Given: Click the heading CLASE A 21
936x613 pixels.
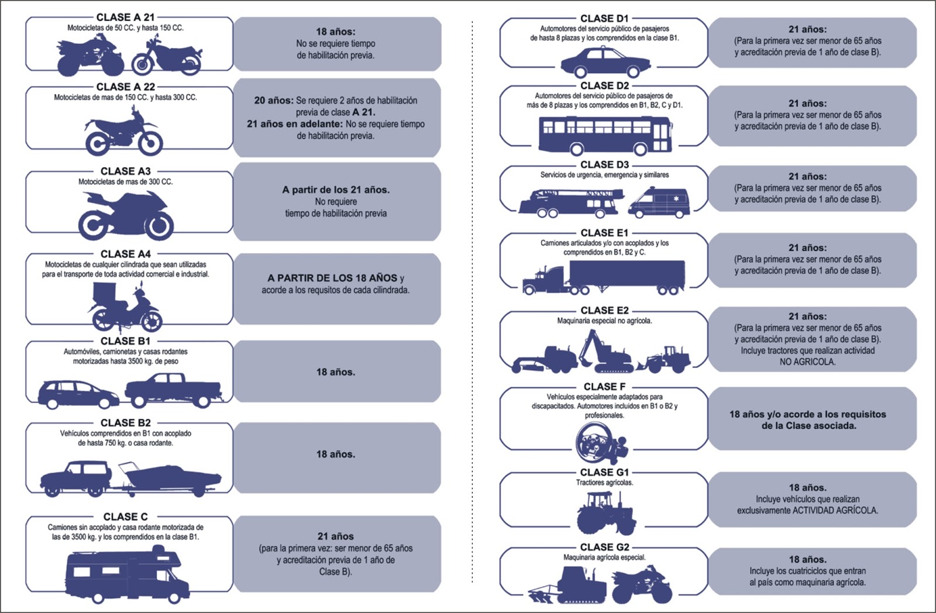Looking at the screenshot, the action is click(125, 17).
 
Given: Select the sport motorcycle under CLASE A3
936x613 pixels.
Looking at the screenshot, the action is click(126, 215).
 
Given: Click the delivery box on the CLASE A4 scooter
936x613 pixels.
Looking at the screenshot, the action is click(104, 293).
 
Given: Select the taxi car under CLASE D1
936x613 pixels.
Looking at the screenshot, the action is click(605, 62).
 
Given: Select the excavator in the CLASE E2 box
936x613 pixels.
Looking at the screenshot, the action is click(606, 351).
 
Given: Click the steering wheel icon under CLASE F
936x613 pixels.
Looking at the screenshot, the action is click(601, 443).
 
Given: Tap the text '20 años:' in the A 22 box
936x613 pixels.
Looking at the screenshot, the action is click(274, 101).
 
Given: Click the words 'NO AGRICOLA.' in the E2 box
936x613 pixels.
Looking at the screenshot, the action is click(807, 362).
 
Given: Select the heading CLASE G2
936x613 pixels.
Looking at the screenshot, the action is click(604, 547).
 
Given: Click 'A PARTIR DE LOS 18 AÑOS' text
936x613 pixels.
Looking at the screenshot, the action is click(332, 278).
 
